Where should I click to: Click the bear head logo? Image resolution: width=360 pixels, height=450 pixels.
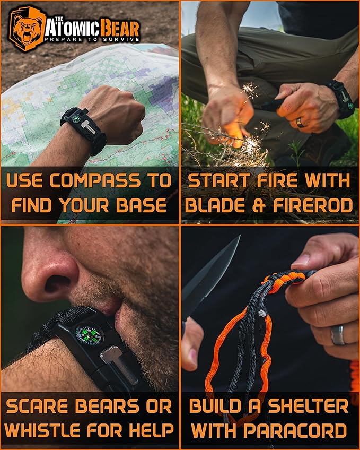click(27, 29)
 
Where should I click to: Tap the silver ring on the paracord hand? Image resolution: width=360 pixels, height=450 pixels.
click(337, 335)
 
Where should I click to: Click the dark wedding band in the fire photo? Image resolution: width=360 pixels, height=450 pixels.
click(300, 122)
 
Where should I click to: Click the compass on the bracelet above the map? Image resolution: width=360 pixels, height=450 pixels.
click(76, 117)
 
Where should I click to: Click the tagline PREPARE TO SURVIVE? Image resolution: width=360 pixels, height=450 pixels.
click(92, 39)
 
